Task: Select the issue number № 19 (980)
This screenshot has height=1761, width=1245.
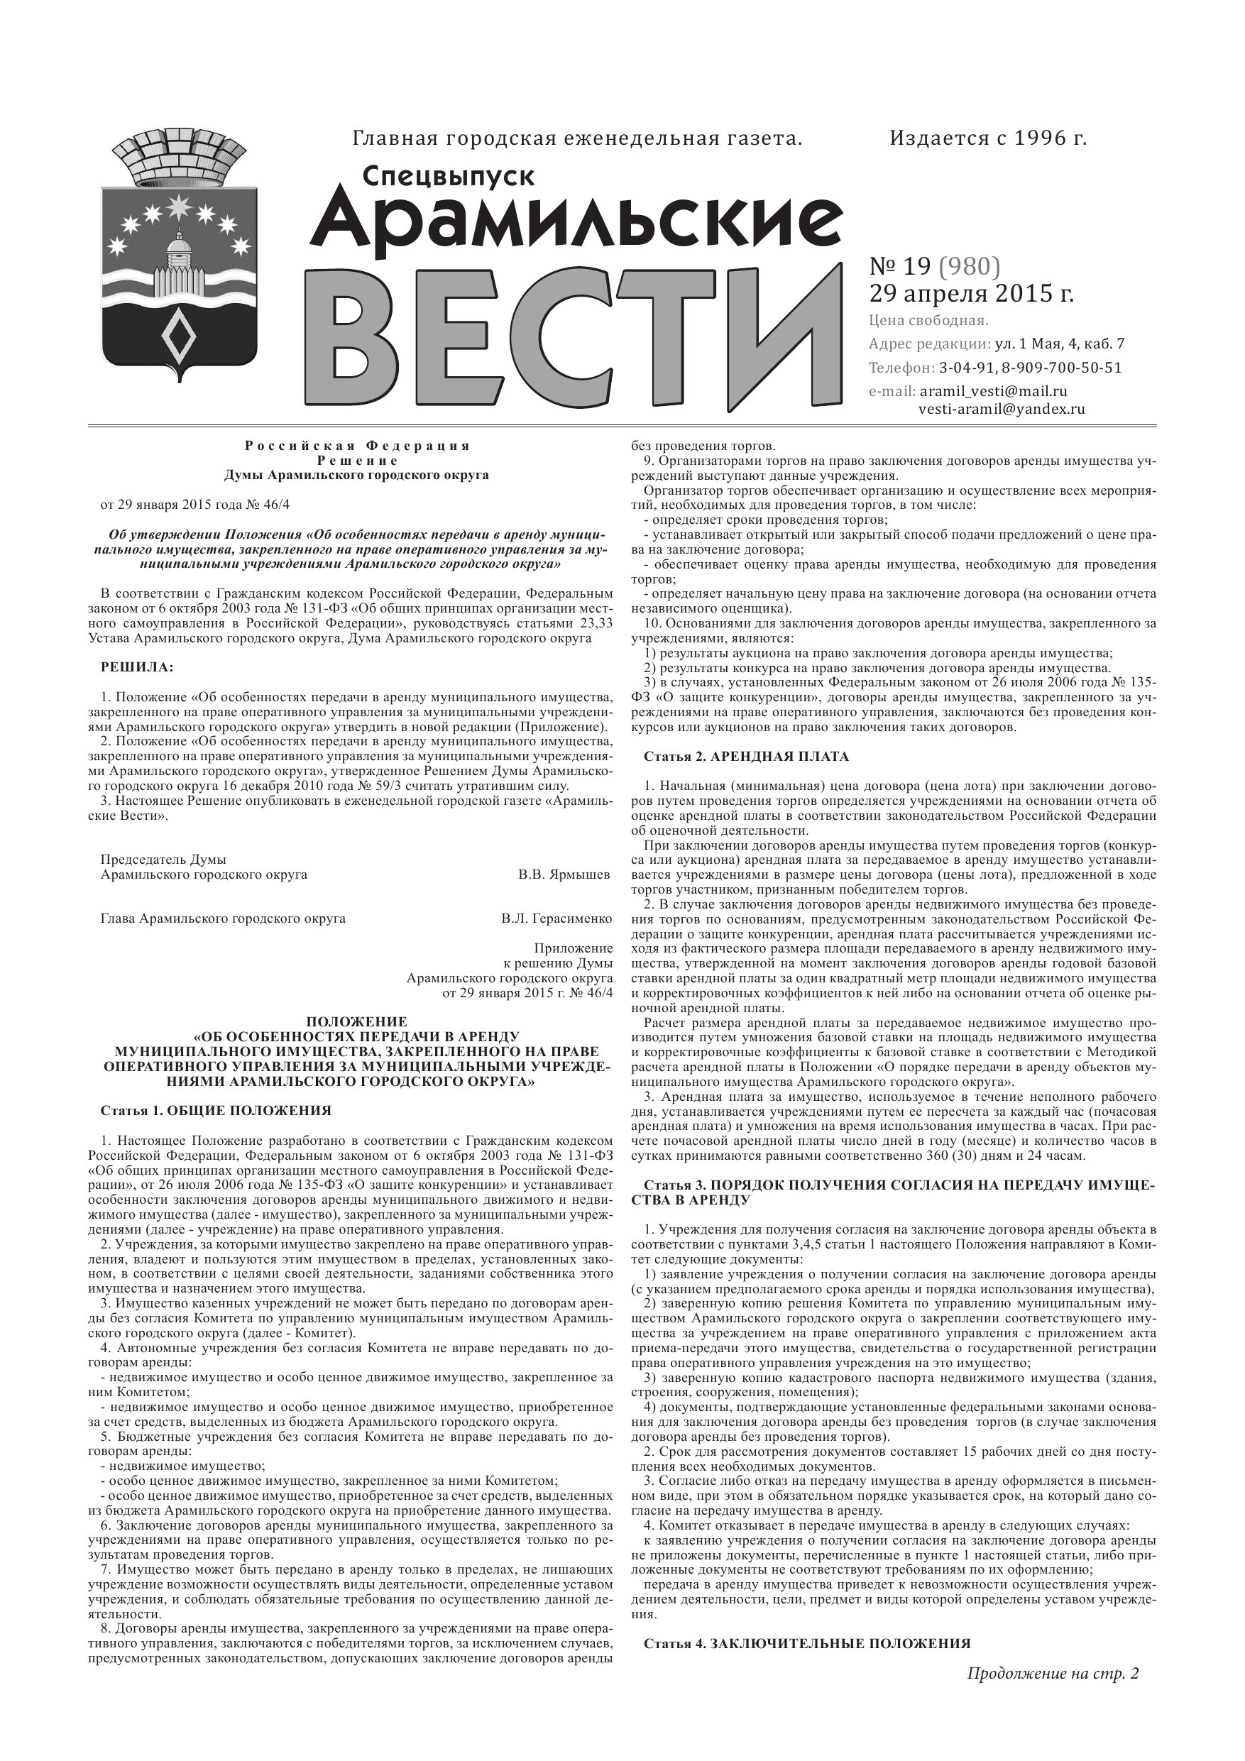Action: tap(934, 266)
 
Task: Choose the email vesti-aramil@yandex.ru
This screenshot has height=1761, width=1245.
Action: tap(1002, 410)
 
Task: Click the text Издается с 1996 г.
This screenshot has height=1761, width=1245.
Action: tap(988, 139)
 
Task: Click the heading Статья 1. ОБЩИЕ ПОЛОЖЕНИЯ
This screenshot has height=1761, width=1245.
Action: tap(216, 1111)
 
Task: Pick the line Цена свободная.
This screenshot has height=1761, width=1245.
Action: tap(928, 320)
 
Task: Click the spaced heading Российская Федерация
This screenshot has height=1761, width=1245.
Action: tap(358, 446)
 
